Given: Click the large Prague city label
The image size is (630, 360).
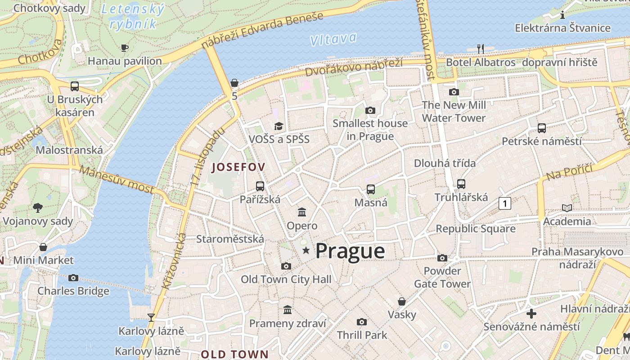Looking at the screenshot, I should click(350, 251).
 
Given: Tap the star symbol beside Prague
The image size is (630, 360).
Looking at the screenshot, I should click(306, 250).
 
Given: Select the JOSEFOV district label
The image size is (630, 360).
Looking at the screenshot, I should click(238, 167).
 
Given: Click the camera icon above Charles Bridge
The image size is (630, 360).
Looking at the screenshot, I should click(73, 278).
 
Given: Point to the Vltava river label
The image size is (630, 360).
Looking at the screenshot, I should click(333, 39).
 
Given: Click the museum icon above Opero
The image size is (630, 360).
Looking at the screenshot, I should click(302, 212).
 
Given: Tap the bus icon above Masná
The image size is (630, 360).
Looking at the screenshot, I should click(370, 189).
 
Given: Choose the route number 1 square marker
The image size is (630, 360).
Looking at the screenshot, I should click(505, 204).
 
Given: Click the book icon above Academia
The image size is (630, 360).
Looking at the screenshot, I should click(567, 208).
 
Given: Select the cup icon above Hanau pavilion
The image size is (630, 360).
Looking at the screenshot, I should click(125, 48).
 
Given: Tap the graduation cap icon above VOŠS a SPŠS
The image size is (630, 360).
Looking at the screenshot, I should click(279, 126).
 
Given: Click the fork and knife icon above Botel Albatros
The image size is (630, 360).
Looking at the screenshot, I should click(481, 49).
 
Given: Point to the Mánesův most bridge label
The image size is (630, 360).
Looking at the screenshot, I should click(117, 179).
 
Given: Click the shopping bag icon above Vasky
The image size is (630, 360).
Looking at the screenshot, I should click(402, 301).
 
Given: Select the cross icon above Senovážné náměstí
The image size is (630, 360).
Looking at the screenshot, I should click(531, 313).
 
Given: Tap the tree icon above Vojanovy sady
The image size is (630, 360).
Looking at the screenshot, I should click(38, 207).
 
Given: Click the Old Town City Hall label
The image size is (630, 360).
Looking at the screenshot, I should click(286, 279).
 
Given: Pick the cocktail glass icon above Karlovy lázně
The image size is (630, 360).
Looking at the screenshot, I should click(151, 318).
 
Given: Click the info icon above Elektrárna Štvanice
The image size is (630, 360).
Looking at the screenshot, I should click(562, 15).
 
